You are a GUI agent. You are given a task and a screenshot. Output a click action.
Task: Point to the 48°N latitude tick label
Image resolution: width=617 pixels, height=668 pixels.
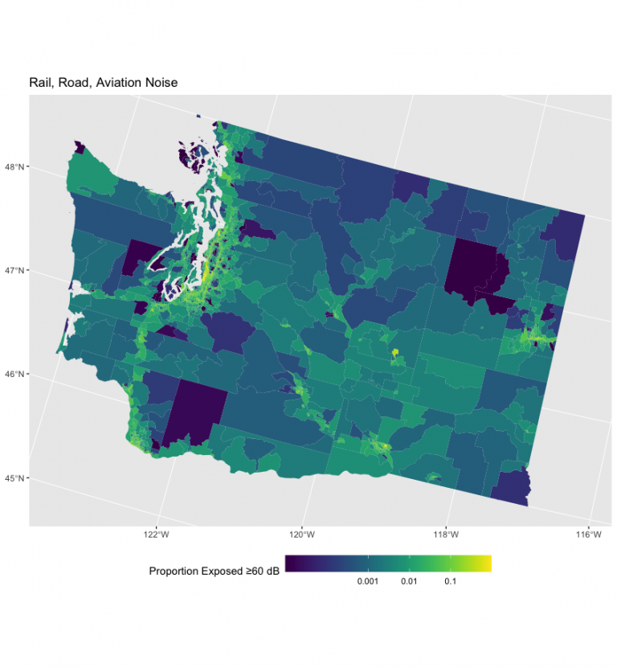[16, 167]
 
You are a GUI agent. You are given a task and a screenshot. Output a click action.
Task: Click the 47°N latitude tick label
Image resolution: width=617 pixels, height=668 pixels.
[16, 271]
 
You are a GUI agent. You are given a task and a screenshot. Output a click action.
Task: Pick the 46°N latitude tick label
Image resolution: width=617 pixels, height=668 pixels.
[16, 375]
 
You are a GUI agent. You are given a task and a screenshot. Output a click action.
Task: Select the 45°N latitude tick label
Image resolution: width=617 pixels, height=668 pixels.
[16, 478]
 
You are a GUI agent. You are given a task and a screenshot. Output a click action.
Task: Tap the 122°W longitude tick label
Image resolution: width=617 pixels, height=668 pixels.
[156, 535]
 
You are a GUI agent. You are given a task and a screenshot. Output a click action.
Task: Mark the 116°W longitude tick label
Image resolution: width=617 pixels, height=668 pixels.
[589, 535]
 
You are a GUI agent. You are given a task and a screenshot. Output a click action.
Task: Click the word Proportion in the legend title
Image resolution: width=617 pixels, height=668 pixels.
[176, 572]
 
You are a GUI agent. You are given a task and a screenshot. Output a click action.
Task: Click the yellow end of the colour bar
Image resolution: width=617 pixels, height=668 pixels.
[485, 563]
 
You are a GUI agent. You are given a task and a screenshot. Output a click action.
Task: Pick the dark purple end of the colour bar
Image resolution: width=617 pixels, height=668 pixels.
[291, 563]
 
